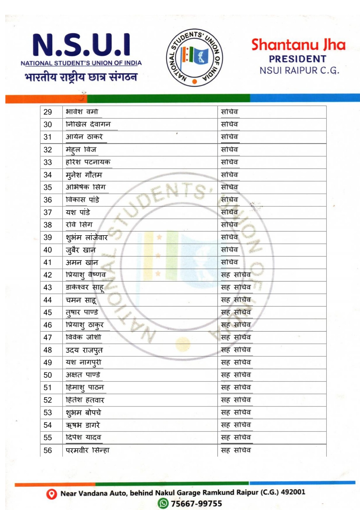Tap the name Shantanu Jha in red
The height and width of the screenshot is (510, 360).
pyautogui.click(x=298, y=45)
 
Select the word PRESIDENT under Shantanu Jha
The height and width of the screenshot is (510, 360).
pyautogui.click(x=298, y=59)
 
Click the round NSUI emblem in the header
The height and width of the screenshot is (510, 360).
pyautogui.click(x=194, y=58)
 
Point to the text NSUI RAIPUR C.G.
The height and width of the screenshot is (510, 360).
pyautogui.click(x=299, y=70)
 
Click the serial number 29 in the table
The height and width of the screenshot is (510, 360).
pyautogui.click(x=48, y=112)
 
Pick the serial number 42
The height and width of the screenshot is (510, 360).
pyautogui.click(x=48, y=275)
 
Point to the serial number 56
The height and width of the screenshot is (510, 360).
pyautogui.click(x=48, y=450)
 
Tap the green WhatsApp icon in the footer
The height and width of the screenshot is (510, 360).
pyautogui.click(x=163, y=503)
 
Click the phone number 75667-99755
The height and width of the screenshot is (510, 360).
pyautogui.click(x=196, y=504)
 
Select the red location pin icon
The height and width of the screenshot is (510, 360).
pyautogui.click(x=51, y=494)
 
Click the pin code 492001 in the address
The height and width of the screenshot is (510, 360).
pyautogui.click(x=293, y=492)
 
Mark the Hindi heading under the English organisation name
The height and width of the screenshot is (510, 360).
pyautogui.click(x=81, y=77)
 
